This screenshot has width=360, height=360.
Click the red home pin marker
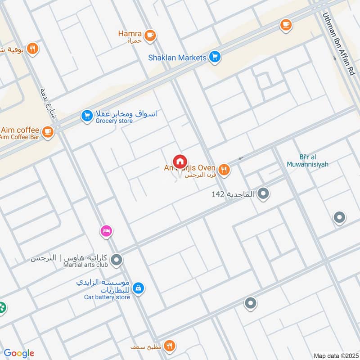pyautogui.click(x=180, y=162)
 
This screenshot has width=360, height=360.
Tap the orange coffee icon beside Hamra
pyautogui.click(x=150, y=34)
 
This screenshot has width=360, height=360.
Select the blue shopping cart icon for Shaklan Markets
pyautogui.click(x=215, y=57)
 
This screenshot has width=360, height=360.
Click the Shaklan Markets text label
pyautogui.click(x=177, y=58)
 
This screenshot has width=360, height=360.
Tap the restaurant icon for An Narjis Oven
pyautogui.click(x=224, y=169)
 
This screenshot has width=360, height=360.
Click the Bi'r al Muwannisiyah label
pyautogui.click(x=308, y=161)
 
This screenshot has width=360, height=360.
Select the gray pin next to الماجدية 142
pyautogui.click(x=264, y=194)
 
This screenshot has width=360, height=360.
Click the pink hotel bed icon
pyautogui.click(x=106, y=231)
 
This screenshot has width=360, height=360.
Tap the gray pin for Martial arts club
pyautogui.click(x=117, y=260)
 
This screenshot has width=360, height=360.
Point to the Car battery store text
pyautogui.click(x=107, y=297)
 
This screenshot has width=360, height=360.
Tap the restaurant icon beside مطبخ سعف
pyautogui.click(x=169, y=346)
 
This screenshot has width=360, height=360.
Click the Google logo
pyautogui.click(x=19, y=353)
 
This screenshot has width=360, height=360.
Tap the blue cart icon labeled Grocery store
pyautogui.click(x=86, y=116)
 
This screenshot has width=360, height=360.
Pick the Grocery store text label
pyautogui.click(x=114, y=121)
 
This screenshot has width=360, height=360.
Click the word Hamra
pyautogui.click(x=130, y=34)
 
